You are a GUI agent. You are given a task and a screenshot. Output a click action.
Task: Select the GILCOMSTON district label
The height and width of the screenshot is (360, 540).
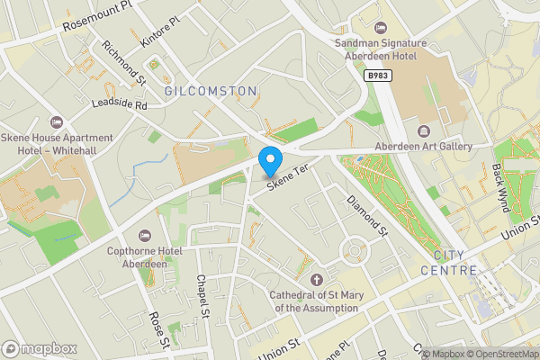[x=211, y=92]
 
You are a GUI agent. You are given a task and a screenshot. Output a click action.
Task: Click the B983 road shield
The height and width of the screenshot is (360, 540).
[x=378, y=78]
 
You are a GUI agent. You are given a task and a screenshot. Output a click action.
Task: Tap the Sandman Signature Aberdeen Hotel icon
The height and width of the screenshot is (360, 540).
[x=380, y=27]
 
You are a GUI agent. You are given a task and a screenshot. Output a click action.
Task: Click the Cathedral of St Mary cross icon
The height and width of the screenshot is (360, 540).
[x=315, y=279]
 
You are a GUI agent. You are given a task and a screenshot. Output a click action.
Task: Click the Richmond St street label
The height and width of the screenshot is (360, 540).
[x=124, y=62]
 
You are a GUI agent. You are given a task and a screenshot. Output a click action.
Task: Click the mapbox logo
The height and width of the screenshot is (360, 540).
[x=39, y=348]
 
